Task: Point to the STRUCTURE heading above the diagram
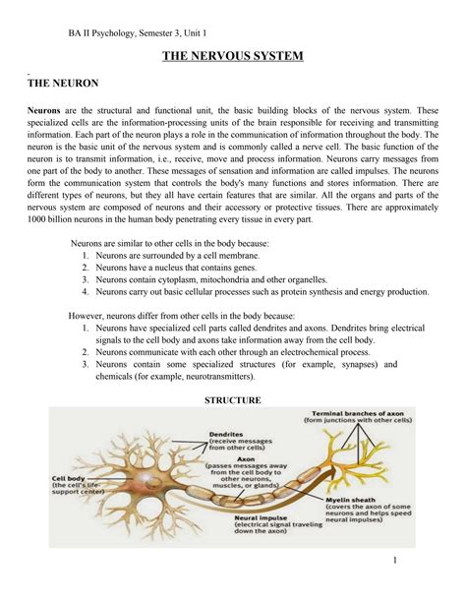(x=232, y=400)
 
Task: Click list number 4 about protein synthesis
(x=87, y=292)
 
